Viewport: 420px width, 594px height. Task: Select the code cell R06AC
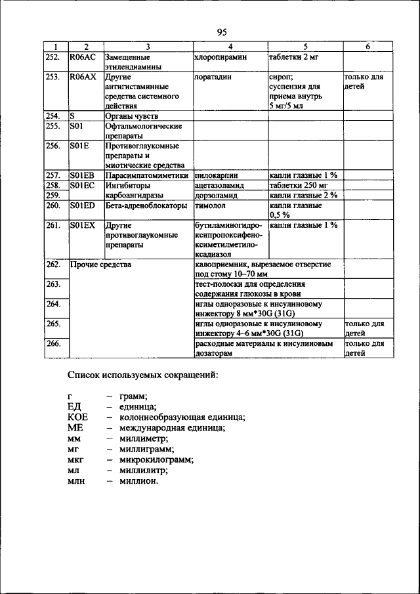coord(83,57)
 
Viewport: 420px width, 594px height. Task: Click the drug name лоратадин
coord(213,77)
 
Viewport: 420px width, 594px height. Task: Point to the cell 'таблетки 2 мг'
coord(294,57)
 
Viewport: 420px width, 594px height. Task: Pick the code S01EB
coord(83,176)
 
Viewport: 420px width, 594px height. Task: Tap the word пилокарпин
coord(217,176)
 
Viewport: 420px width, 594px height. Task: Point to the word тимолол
coord(210,205)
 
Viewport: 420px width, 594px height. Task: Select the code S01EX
coord(83,225)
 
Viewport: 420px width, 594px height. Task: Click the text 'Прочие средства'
coord(100,265)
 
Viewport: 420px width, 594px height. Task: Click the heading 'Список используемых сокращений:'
coord(143,375)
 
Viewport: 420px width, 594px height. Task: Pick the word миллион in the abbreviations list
coord(138,480)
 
